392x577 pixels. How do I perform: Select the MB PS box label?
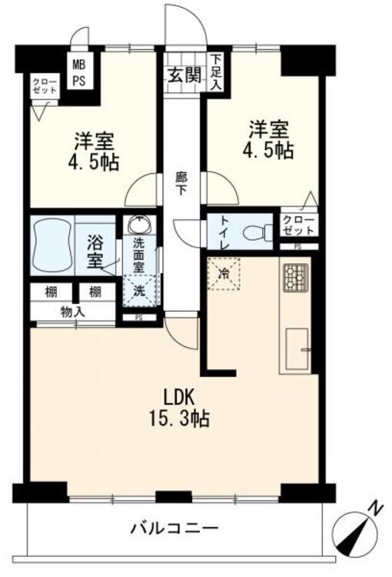point(79,73)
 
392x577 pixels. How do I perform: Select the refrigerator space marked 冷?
point(224,273)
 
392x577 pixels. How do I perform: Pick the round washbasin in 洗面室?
point(140,226)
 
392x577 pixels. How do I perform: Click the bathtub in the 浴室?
point(51,245)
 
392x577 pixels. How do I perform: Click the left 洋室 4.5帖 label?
point(94,152)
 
